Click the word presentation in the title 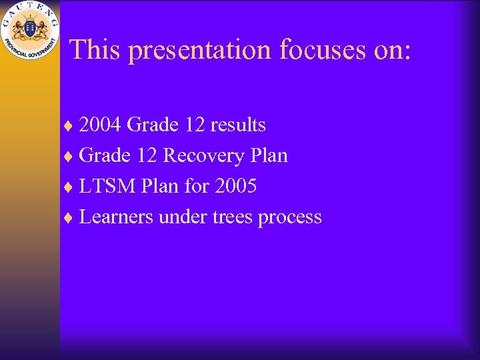click(201, 51)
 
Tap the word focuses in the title click(323, 49)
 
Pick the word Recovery click(203, 156)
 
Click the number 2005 click(235, 187)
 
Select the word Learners click(116, 217)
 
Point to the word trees click(233, 217)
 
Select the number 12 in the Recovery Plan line click(147, 156)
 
